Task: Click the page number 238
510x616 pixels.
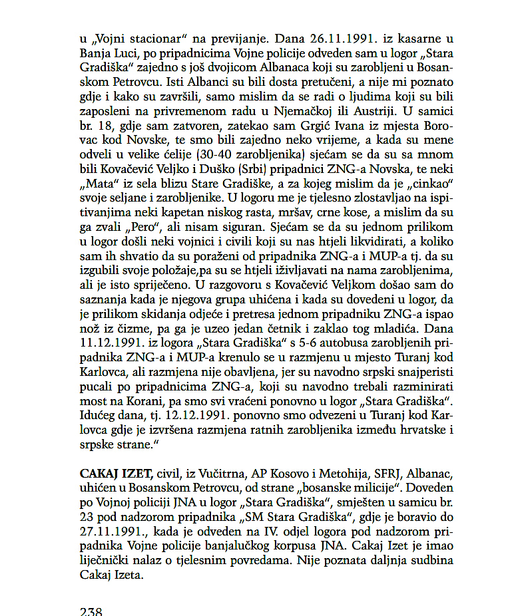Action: click(x=91, y=610)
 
